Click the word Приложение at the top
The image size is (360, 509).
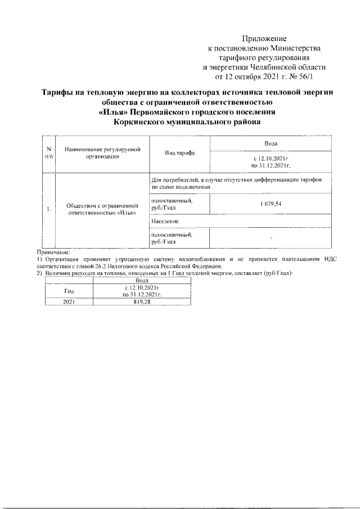[x=264, y=39]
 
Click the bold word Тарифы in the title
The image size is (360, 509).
[x=60, y=92]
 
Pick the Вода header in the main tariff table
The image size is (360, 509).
[x=271, y=145]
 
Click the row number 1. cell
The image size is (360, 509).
[x=49, y=209]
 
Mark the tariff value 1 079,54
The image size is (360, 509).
[x=271, y=204]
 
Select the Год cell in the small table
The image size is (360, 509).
[x=69, y=291]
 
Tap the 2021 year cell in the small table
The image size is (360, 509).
[x=69, y=301]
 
